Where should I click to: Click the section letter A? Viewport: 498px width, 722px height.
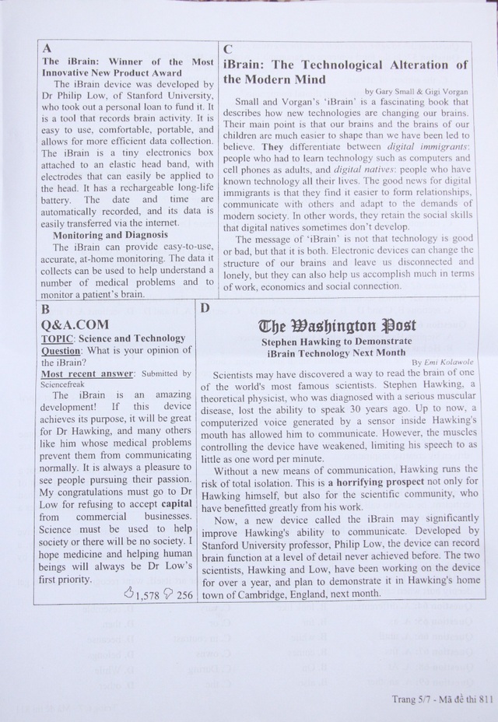[x=48, y=47]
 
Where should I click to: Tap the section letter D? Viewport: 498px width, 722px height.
[x=205, y=309]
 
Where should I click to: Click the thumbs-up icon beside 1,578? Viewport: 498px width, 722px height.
[x=129, y=594]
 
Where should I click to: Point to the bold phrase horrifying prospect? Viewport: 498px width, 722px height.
[x=388, y=482]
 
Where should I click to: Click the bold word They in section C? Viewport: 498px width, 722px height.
[x=272, y=146]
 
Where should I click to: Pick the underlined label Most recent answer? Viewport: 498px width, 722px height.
[x=84, y=374]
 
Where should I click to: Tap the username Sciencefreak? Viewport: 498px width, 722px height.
[x=67, y=384]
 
